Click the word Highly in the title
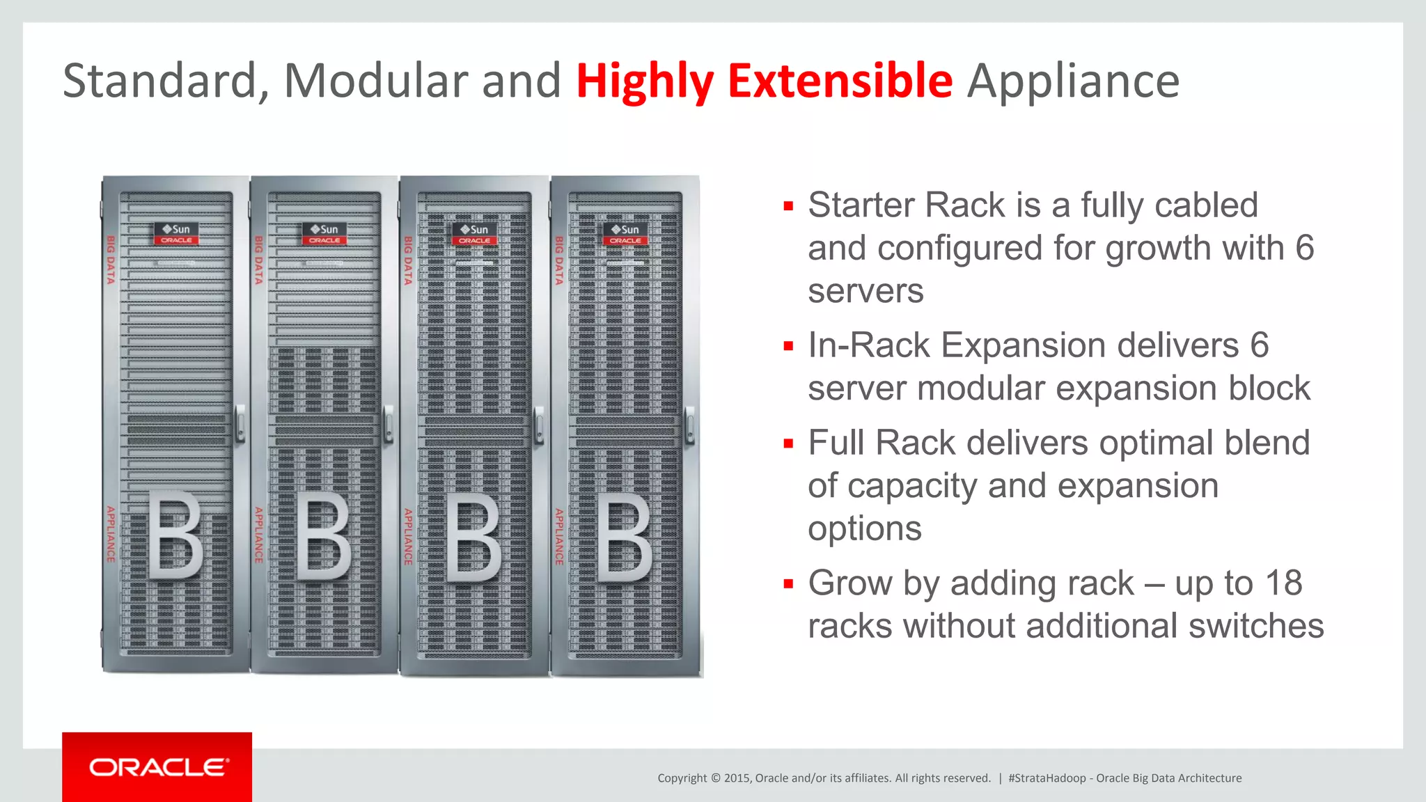[645, 82]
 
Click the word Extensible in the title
[840, 81]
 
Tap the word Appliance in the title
[1073, 82]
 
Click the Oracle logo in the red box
[158, 767]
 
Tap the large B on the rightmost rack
[625, 537]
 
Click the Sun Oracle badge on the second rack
[324, 234]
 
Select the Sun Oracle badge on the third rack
[475, 234]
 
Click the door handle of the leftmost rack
[240, 423]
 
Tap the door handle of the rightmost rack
[690, 425]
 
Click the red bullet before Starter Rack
[788, 206]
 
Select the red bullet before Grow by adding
[788, 584]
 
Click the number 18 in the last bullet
[1283, 583]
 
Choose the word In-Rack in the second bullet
[868, 345]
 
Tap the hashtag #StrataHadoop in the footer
[1047, 778]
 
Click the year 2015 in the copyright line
[737, 778]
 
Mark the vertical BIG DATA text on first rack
[111, 260]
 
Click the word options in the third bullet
[864, 528]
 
